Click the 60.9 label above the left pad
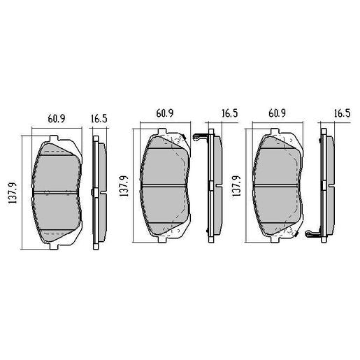pos(56,119)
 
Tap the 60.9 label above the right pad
pos(279,113)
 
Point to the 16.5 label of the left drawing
pos(99,119)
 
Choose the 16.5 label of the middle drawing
pos(230,113)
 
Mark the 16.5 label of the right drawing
pos(342,113)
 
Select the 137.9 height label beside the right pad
pos(238,186)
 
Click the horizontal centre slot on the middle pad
pos(166,185)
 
